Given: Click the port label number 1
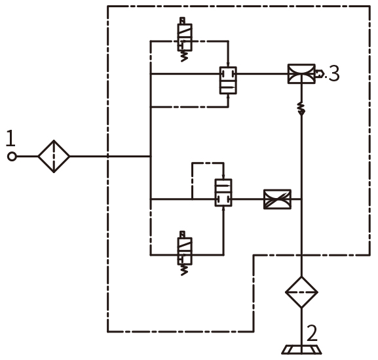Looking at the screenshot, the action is click(x=10, y=138).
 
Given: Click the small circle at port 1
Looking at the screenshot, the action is click(x=12, y=157).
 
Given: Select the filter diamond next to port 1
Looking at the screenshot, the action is click(x=54, y=156).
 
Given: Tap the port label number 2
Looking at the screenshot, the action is click(x=312, y=333).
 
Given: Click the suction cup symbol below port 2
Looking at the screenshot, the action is click(x=301, y=350).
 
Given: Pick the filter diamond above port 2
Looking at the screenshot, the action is click(x=301, y=292).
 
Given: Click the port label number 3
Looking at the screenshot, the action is click(x=334, y=73).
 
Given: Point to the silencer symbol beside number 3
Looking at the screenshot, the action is click(x=319, y=73).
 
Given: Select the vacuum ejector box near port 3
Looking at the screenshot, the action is click(x=301, y=74).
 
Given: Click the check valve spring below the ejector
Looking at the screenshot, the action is click(x=301, y=108).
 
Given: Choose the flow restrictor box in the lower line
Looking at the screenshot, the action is click(x=277, y=199).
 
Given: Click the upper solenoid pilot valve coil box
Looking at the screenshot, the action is click(x=185, y=37).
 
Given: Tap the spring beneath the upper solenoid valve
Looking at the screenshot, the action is click(x=185, y=56).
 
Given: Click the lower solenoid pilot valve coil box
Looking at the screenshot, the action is click(x=185, y=251).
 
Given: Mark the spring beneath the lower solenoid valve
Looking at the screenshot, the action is click(x=185, y=270).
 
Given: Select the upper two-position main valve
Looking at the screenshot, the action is click(x=228, y=81).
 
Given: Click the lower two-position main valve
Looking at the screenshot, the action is click(x=223, y=193).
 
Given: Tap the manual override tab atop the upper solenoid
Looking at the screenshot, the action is click(x=183, y=20).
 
